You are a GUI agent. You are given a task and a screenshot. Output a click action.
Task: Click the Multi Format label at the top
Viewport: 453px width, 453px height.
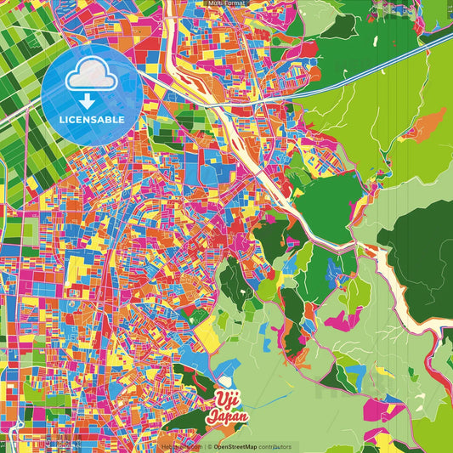click(227, 3)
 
